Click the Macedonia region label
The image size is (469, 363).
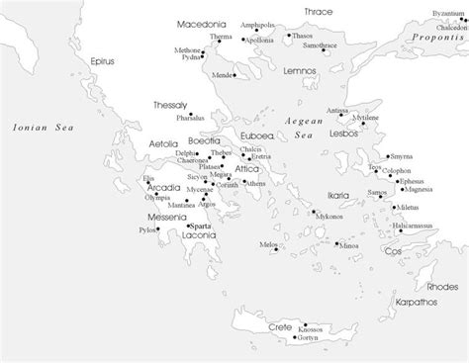[x=201, y=22]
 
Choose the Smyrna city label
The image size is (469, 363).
[x=403, y=156]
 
